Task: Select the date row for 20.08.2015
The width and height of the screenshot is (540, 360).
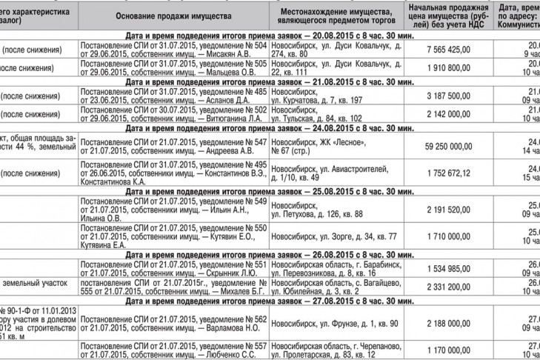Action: [270, 36]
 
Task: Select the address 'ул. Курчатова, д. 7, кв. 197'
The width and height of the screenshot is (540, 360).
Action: [316, 100]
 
